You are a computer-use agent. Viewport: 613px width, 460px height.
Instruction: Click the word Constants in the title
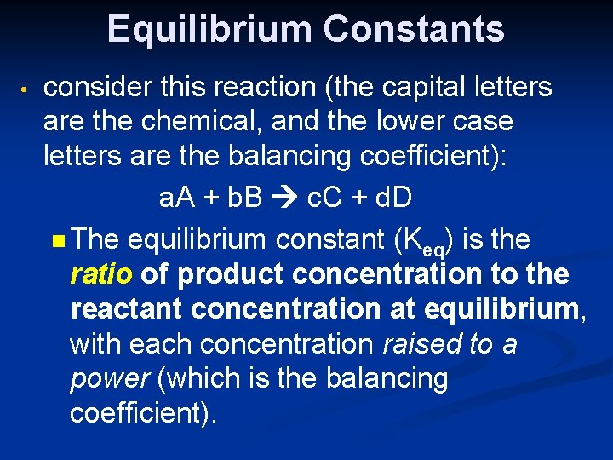(414, 29)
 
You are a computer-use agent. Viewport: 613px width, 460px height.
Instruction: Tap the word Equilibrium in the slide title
(210, 29)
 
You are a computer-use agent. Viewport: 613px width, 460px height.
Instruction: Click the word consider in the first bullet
(95, 87)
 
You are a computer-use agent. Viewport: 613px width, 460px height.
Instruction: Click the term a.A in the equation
(179, 198)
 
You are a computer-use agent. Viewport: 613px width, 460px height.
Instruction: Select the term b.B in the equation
(246, 198)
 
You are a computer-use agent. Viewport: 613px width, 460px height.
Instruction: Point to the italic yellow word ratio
(101, 274)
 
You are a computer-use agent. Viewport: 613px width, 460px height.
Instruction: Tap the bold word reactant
(127, 308)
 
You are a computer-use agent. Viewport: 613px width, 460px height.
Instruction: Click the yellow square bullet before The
(57, 241)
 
